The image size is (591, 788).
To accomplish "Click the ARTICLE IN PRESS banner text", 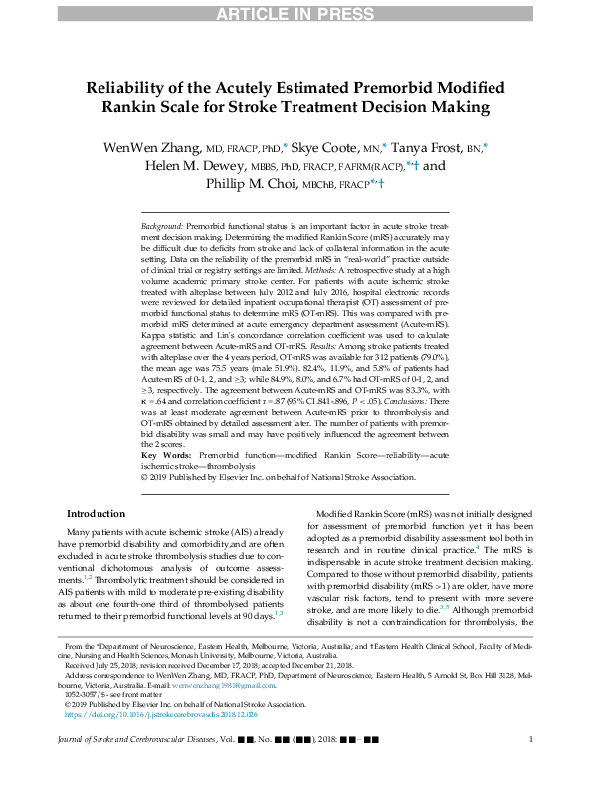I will (295, 13).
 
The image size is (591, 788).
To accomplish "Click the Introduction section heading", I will (96, 513).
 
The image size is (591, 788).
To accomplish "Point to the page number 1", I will (531, 766).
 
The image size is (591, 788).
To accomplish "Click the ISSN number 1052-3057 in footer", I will (83, 696).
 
